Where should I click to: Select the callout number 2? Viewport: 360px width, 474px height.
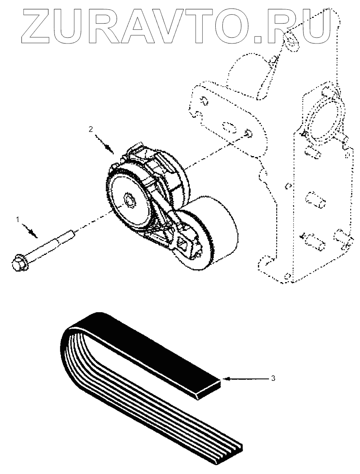[91, 129]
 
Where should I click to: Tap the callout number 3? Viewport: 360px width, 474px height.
[273, 378]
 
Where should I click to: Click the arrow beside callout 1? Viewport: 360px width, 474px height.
[31, 231]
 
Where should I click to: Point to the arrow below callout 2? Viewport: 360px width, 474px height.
[106, 145]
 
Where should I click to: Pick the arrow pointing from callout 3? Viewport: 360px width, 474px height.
[244, 378]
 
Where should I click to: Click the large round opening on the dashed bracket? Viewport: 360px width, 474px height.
[323, 118]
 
